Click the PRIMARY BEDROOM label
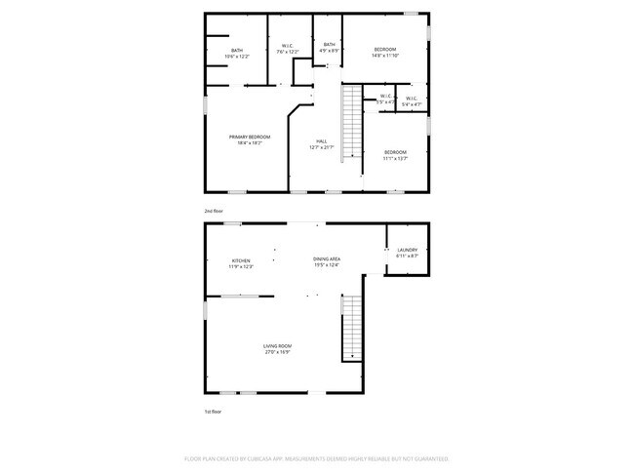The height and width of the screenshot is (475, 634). coord(250,137)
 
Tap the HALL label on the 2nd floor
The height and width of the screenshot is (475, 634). coord(322,140)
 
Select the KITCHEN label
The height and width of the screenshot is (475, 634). coord(241,260)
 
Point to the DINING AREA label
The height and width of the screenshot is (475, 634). coord(326,259)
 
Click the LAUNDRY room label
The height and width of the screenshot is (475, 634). coord(407,250)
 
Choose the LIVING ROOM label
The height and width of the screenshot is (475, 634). coord(278,346)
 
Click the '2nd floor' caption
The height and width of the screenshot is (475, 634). coord(213,211)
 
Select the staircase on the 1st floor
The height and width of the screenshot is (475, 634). coord(350,327)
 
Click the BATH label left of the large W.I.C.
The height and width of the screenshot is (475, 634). coord(237,51)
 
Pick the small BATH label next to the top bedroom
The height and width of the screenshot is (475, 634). coord(330,44)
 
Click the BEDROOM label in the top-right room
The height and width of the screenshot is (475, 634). coord(386,50)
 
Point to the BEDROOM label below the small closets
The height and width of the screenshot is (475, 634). coord(394,151)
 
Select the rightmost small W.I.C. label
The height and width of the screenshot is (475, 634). coord(412,97)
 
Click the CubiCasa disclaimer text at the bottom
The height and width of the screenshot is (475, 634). coord(316,457)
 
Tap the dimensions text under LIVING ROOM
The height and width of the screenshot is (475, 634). coord(278,352)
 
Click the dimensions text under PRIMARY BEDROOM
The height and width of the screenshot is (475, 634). coord(250,142)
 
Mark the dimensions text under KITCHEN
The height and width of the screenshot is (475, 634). coord(241,266)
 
